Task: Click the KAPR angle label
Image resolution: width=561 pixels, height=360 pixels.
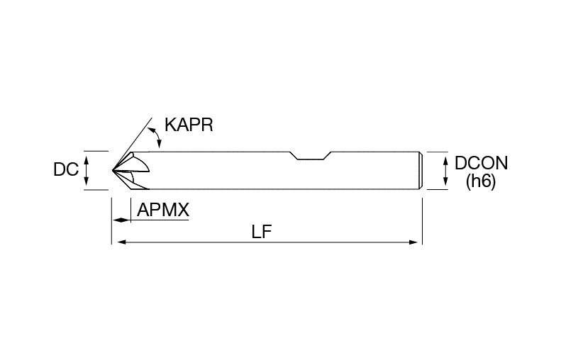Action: tap(189, 125)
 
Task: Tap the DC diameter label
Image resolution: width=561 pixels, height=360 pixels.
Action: tap(66, 169)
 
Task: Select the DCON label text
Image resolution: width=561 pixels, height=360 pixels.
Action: tap(482, 163)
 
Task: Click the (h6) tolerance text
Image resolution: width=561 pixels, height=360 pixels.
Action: tap(481, 181)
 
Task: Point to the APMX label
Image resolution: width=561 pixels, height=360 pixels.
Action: tap(163, 210)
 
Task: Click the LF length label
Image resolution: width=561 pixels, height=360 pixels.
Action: tap(262, 232)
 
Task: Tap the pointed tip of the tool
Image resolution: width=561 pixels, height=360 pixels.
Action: tap(112, 170)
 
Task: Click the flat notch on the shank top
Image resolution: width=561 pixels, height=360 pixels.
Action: tap(310, 159)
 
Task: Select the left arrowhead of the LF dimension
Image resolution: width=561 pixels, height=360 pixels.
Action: tap(122, 242)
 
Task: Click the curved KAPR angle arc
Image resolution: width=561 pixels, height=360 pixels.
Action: tap(157, 137)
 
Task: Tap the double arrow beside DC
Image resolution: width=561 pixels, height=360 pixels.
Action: tap(86, 171)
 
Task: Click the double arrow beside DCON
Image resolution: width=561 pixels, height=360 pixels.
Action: tap(445, 171)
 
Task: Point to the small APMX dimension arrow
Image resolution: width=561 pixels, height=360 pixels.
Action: tap(121, 220)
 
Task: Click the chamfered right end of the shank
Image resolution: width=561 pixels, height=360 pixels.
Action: tap(421, 171)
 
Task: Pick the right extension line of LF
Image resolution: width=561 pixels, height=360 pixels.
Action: tap(423, 221)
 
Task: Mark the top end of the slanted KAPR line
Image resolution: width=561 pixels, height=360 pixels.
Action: tap(152, 118)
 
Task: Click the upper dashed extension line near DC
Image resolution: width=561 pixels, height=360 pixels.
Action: tap(96, 151)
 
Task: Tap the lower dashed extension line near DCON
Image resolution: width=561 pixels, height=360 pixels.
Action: tap(438, 189)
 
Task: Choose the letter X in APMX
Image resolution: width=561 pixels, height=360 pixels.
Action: tap(183, 210)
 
